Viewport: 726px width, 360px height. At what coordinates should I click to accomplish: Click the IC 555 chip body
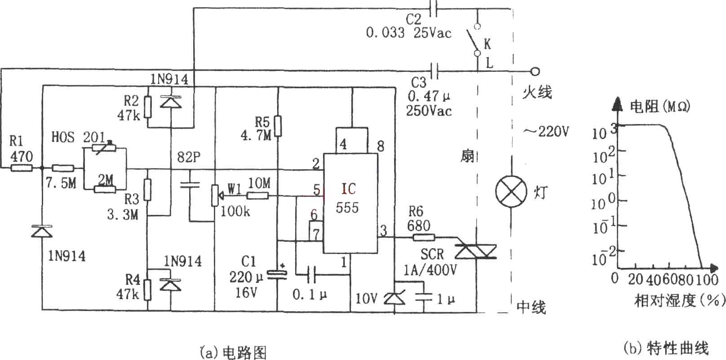pos(350,203)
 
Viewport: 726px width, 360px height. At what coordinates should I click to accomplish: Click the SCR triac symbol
pos(476,252)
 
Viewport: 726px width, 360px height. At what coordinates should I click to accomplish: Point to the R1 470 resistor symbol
pos(22,168)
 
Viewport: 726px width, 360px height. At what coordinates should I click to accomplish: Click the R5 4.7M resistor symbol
pos(278,126)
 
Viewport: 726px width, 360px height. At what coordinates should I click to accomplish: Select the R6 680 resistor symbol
pos(424,237)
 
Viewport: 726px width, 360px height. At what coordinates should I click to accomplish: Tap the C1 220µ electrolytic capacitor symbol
pos(278,276)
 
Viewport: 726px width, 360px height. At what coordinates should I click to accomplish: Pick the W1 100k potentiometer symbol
pos(216,196)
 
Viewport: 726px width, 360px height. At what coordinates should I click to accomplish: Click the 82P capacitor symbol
pos(190,185)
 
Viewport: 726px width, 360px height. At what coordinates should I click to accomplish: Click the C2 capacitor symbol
pos(434,9)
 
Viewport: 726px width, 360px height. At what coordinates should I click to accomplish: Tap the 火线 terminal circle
pos(535,71)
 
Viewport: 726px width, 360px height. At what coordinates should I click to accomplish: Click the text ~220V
pos(546,132)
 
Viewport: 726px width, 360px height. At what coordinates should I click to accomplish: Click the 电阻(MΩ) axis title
pos(660,107)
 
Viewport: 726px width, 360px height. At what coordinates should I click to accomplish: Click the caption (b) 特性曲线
pos(666,348)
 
